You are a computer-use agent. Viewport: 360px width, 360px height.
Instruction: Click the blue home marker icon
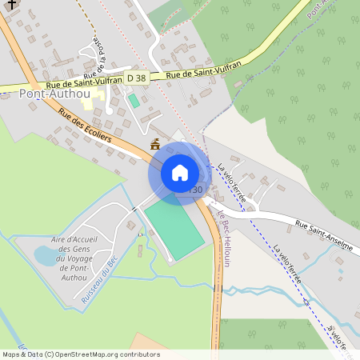click(x=179, y=173)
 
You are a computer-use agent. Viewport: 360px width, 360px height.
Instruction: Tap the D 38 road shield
click(x=135, y=78)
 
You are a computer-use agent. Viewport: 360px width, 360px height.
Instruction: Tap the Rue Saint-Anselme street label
click(x=323, y=236)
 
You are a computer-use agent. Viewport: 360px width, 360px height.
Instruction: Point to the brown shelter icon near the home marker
click(x=154, y=145)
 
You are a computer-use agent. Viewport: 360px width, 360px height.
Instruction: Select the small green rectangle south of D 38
click(x=134, y=101)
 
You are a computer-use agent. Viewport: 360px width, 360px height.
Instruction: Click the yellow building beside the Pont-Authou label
click(x=102, y=103)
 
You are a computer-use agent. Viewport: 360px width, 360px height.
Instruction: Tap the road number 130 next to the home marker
click(x=196, y=190)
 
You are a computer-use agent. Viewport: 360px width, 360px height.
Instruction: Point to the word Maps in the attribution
click(x=11, y=354)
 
